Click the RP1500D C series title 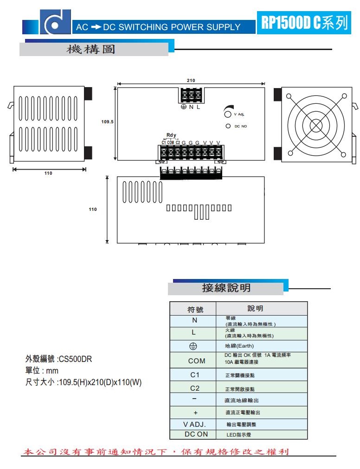304,23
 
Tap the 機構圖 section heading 91,49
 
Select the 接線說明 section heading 226,288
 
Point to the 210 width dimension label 191,81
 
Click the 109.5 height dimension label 107,122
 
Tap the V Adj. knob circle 228,114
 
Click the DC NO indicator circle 228,126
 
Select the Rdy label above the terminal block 171,135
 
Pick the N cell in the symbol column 194,320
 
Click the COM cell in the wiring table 194,361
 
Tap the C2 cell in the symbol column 194,388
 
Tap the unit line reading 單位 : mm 42,371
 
